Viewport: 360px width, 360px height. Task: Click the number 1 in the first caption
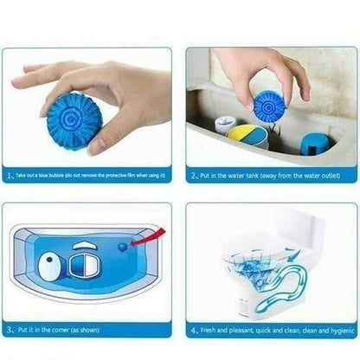pos(8,174)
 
